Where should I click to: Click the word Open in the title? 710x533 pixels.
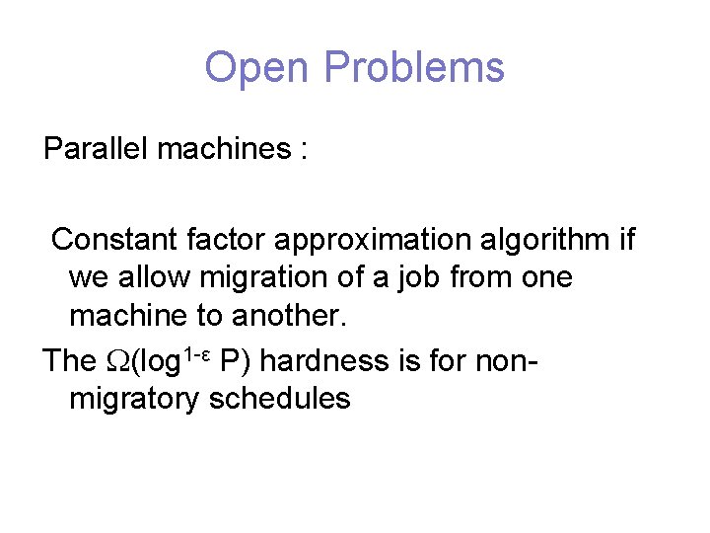click(258, 68)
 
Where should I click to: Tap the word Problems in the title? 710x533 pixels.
click(413, 68)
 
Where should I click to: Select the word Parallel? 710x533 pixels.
click(96, 149)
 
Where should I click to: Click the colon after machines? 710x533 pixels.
click(304, 151)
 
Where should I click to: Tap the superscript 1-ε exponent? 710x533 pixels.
click(196, 352)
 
